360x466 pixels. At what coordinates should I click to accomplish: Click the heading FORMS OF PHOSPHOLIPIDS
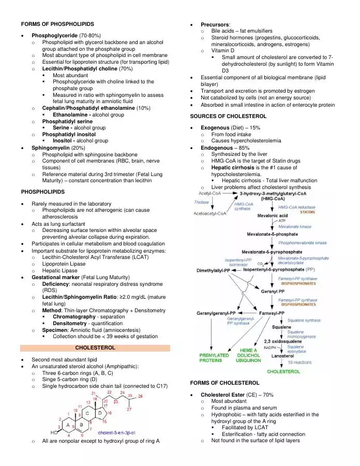point(57,24)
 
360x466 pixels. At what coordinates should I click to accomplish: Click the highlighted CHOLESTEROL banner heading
point(95,348)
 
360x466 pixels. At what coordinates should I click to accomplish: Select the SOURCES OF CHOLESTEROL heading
point(228,116)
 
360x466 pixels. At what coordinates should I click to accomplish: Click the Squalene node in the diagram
point(281,327)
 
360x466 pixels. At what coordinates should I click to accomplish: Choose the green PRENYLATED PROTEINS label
point(214,358)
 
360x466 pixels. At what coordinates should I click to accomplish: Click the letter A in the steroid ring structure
point(68,426)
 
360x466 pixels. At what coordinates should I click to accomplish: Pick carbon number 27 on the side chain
point(129,410)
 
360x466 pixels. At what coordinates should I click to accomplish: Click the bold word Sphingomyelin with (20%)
point(51,148)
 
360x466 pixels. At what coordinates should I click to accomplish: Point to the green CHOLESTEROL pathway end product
point(283,371)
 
